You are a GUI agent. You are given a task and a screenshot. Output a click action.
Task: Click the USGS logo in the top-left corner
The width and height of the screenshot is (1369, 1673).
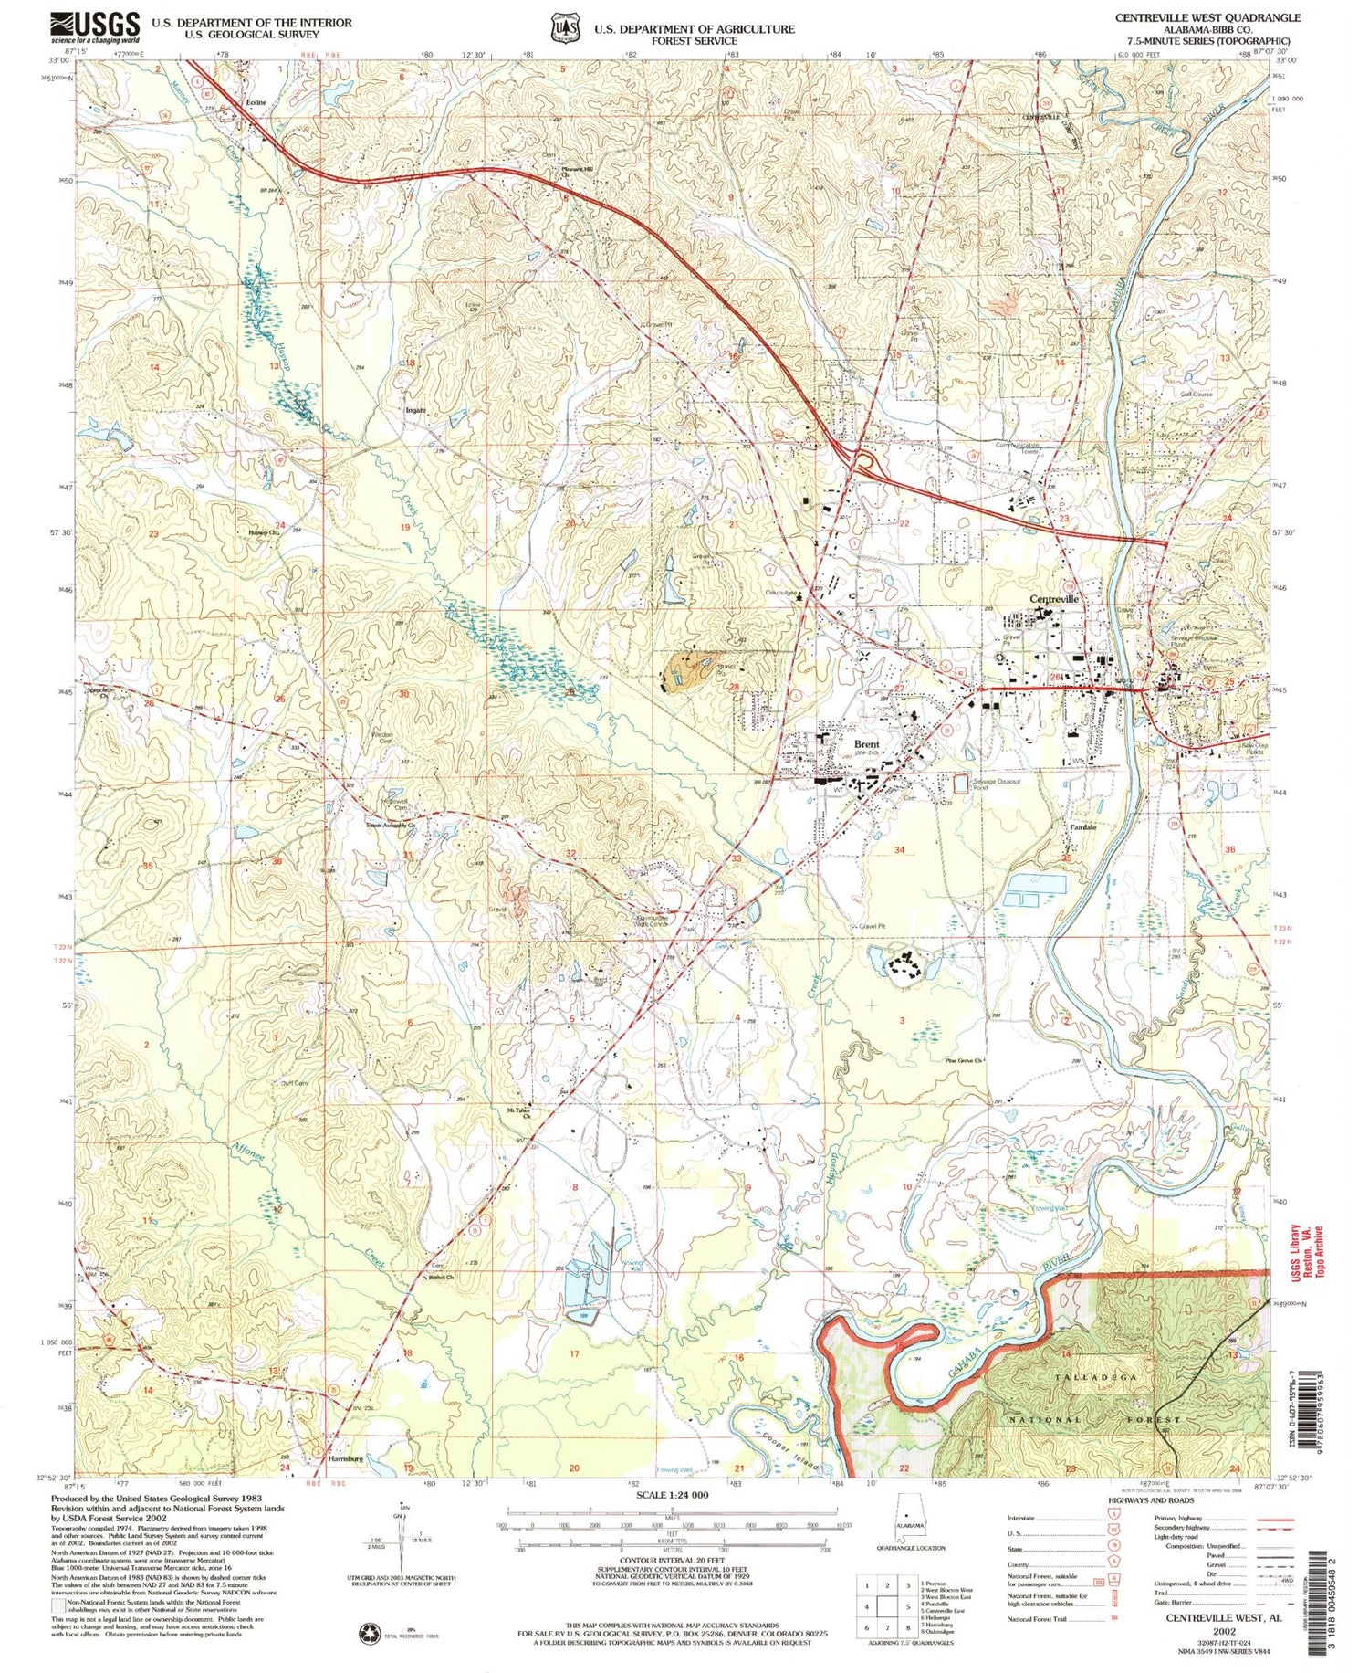(95, 27)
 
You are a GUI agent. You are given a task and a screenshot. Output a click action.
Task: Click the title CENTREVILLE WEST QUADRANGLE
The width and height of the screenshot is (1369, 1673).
(1207, 17)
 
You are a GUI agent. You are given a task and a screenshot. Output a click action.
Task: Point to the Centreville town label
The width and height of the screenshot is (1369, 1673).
(1054, 598)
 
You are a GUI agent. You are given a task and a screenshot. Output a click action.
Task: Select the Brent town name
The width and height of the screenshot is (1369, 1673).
(866, 744)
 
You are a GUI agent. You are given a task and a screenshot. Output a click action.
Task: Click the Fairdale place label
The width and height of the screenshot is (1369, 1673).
(1082, 827)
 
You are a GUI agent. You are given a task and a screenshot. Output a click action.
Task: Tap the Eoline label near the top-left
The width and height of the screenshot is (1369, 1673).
(256, 103)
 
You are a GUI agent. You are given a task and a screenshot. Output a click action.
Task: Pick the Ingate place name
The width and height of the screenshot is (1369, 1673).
(415, 411)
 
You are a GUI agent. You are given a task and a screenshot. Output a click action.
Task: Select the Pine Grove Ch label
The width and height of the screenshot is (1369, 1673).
(963, 1061)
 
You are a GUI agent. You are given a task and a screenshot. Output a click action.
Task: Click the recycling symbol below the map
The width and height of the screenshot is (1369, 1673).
(371, 1632)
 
